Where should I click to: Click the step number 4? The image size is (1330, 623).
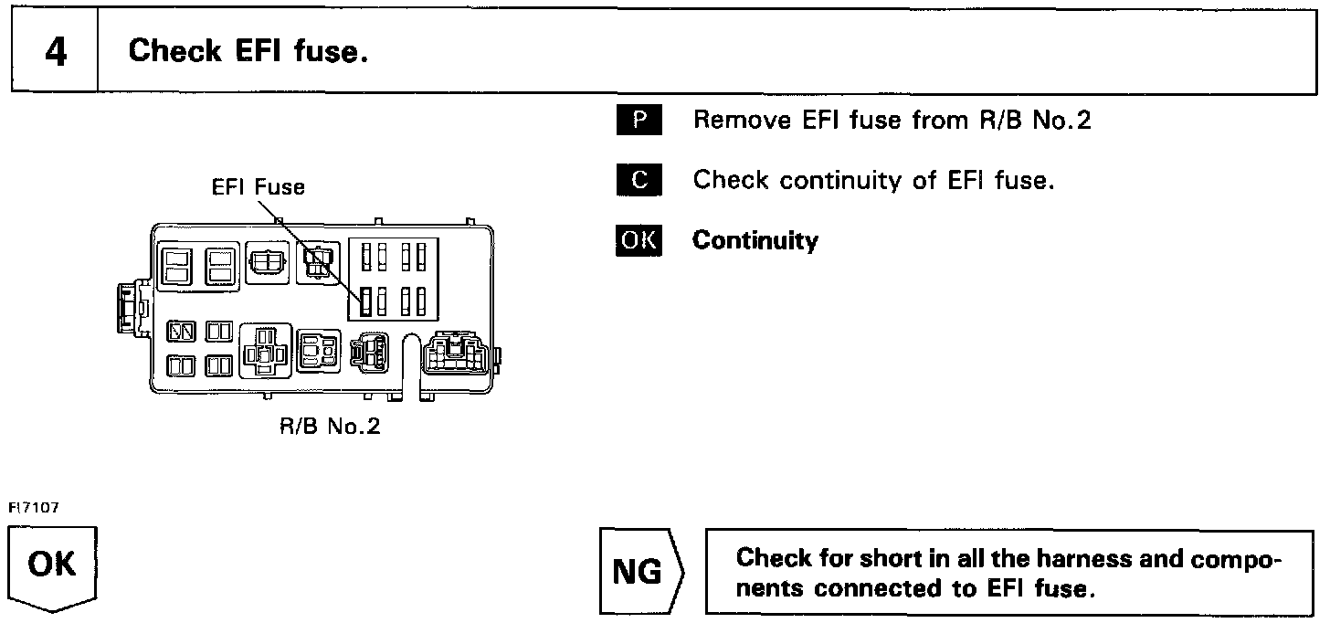pyautogui.click(x=55, y=52)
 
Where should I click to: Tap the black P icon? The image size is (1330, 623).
pyautogui.click(x=639, y=121)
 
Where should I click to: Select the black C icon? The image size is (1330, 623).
pyautogui.click(x=639, y=180)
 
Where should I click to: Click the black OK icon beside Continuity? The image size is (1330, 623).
pyautogui.click(x=639, y=240)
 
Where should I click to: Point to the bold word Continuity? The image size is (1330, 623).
pyautogui.click(x=755, y=240)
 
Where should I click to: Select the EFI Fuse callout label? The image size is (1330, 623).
pyautogui.click(x=259, y=187)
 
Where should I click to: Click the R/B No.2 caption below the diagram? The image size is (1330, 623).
pyautogui.click(x=330, y=428)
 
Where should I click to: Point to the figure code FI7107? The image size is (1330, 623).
pyautogui.click(x=34, y=508)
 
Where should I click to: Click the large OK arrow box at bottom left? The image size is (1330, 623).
pyautogui.click(x=53, y=566)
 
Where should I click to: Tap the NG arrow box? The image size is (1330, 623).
pyautogui.click(x=639, y=572)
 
